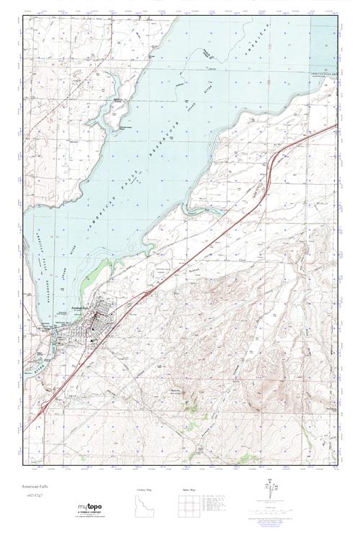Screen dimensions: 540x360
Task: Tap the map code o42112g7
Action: pyautogui.click(x=36, y=496)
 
